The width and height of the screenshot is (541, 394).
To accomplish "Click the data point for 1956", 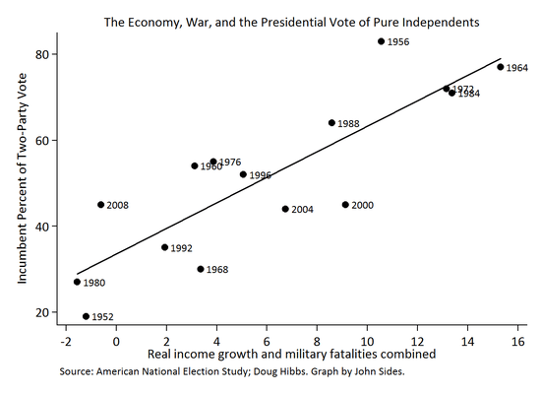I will [x=381, y=41].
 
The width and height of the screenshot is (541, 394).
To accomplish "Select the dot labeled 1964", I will [x=500, y=67].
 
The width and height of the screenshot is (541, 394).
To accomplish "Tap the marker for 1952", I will [x=86, y=317].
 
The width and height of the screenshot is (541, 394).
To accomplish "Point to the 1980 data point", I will [x=77, y=283].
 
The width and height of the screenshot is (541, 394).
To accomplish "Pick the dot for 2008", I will [x=100, y=205].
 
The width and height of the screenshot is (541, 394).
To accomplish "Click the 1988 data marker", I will [x=331, y=123].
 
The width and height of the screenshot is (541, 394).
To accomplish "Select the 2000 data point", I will [x=345, y=205].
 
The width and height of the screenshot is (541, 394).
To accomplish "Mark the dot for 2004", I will [x=285, y=209].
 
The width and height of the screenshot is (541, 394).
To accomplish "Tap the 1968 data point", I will [x=201, y=269].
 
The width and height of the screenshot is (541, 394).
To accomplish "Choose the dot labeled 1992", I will [x=164, y=247].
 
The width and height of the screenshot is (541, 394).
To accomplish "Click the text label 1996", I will [x=260, y=175].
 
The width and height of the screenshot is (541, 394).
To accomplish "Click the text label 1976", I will [x=230, y=162].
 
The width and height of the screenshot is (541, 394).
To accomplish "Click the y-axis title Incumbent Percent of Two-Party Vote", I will [x=22, y=183].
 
